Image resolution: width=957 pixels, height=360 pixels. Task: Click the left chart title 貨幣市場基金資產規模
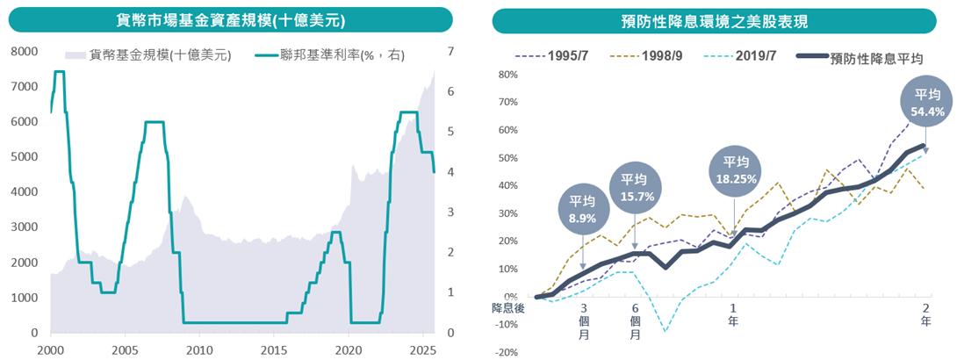click(x=230, y=19)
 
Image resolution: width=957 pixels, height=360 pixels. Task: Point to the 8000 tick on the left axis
click(x=25, y=52)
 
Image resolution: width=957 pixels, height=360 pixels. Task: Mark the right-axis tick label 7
click(x=450, y=52)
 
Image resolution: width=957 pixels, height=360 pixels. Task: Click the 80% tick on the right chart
click(x=507, y=75)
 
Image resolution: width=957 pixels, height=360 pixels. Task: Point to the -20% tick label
click(x=506, y=352)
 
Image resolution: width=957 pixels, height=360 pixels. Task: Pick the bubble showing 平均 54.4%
click(x=928, y=104)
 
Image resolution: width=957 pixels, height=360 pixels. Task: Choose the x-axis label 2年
click(x=925, y=313)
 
